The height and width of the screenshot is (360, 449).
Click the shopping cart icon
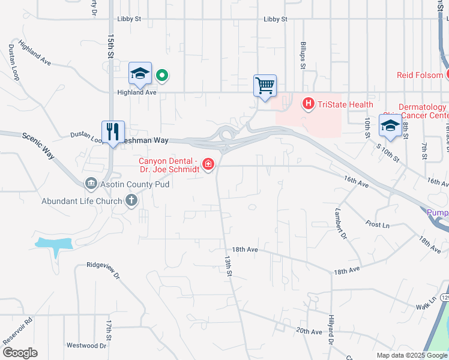point(265,85)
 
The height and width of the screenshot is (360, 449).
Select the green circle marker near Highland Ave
point(161,76)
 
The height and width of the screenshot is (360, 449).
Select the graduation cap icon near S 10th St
point(390,126)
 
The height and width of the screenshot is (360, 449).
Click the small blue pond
point(54,244)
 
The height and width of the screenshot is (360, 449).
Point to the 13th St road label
point(229,266)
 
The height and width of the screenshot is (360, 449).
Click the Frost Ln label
point(377,224)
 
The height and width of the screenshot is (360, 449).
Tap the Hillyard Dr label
point(331,329)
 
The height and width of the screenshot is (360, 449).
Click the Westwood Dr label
point(86,346)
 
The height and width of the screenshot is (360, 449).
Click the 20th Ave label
point(309,331)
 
